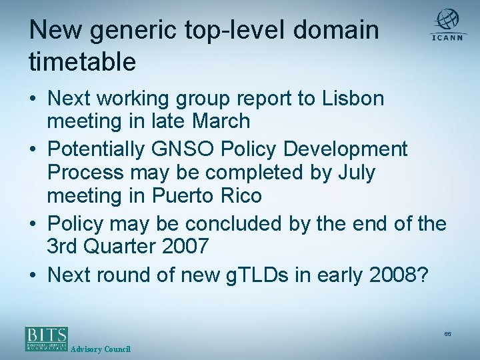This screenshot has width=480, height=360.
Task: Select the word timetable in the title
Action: [83, 61]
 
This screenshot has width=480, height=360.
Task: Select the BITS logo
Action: [47, 338]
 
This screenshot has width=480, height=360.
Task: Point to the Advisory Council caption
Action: [100, 349]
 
